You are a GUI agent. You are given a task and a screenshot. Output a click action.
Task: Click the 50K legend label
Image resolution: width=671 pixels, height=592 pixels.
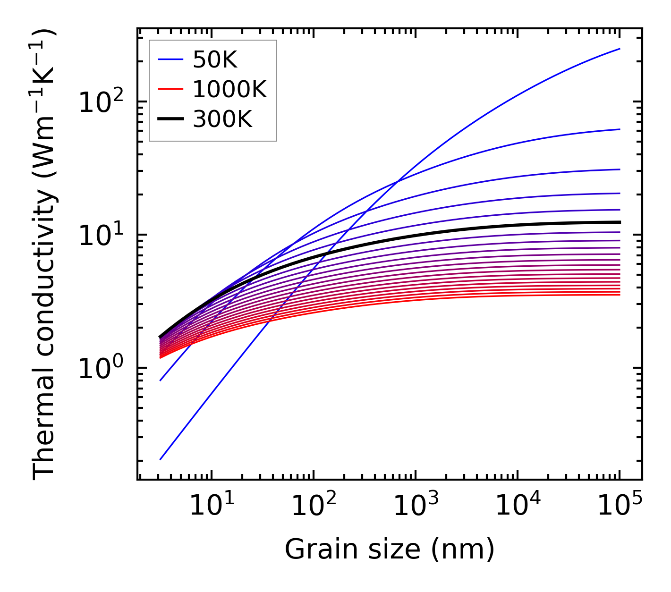(x=215, y=60)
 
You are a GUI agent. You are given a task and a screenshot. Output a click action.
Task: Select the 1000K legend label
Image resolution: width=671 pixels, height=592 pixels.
(x=229, y=89)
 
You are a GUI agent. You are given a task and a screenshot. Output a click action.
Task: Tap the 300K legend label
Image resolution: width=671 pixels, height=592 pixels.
(x=222, y=119)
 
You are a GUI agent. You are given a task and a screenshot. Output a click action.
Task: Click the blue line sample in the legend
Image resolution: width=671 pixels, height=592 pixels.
(x=170, y=60)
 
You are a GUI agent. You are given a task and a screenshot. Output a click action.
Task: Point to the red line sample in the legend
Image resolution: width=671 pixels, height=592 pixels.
(x=170, y=89)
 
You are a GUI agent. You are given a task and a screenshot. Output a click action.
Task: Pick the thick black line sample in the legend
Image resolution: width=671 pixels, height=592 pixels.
(x=170, y=119)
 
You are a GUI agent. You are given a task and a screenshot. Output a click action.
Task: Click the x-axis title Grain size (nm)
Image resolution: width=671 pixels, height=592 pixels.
(x=390, y=550)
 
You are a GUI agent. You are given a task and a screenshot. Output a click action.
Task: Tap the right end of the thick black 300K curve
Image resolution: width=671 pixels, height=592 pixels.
(x=619, y=222)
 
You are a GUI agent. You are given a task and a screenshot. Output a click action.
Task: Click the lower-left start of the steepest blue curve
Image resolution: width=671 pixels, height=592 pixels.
(x=161, y=459)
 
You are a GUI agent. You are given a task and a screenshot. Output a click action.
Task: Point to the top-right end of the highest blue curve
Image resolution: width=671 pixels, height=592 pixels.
(x=619, y=49)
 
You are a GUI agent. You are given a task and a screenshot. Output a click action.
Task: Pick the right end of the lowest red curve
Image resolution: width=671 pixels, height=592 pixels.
(x=619, y=295)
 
